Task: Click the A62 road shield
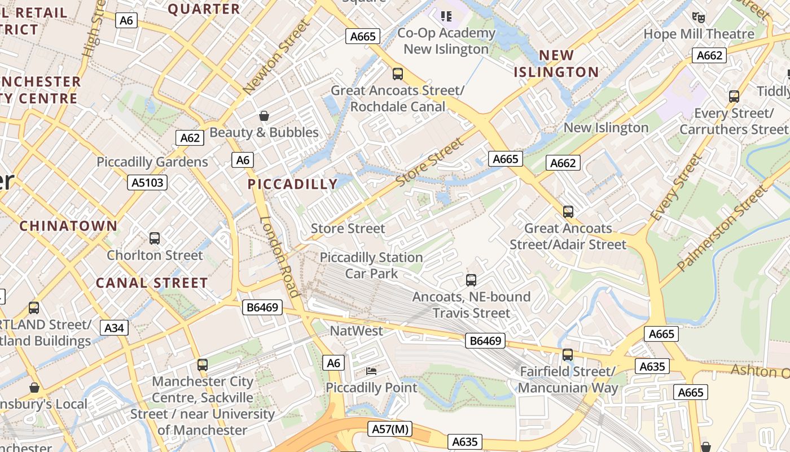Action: (190, 138)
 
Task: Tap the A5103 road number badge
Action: (147, 182)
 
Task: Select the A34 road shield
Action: (115, 328)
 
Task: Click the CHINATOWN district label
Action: (68, 226)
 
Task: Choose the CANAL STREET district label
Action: (152, 283)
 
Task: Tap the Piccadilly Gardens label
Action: (152, 162)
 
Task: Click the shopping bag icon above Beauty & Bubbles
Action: (264, 116)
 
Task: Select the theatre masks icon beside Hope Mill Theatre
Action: (699, 17)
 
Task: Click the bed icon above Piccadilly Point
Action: (371, 371)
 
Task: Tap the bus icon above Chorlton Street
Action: (155, 238)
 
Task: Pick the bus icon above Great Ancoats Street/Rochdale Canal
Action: (397, 73)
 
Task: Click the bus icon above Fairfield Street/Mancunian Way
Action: (567, 355)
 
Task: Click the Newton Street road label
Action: (276, 57)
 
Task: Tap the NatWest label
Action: (356, 331)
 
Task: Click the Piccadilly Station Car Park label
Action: (371, 266)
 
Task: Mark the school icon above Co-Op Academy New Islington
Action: (446, 16)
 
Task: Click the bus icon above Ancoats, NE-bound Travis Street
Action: (471, 280)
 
